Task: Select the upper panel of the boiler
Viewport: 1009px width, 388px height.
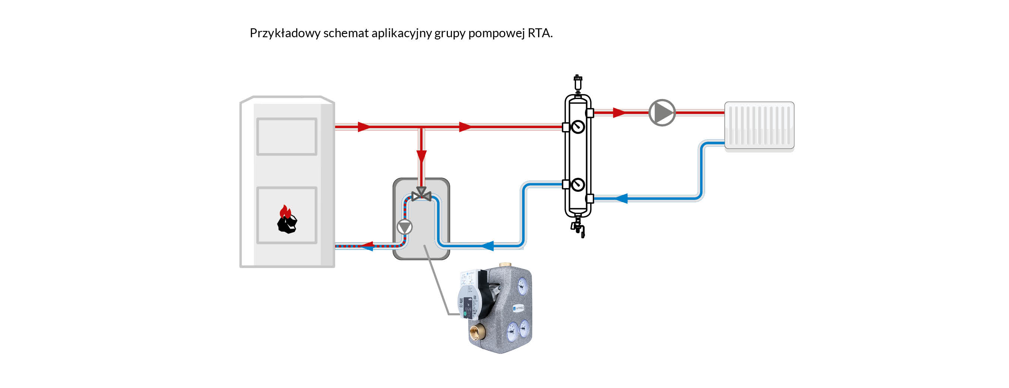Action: [x=287, y=137]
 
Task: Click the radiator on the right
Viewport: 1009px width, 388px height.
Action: [x=759, y=125]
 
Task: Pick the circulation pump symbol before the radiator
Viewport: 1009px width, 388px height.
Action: [x=662, y=113]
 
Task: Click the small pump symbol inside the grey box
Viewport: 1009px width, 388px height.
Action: [x=405, y=227]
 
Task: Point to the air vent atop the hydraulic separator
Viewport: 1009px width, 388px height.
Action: [x=578, y=83]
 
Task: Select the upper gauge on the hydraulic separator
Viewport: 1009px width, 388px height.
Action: [x=578, y=127]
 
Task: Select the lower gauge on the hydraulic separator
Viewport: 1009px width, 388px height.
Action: [x=578, y=184]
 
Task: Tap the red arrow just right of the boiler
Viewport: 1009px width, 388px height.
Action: [x=364, y=127]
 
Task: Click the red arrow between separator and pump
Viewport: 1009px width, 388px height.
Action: [x=619, y=113]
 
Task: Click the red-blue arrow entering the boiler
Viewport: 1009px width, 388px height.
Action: [x=367, y=246]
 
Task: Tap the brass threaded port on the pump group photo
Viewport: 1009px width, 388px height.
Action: [x=477, y=332]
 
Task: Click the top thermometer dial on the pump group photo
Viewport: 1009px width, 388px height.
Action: [x=522, y=286]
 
